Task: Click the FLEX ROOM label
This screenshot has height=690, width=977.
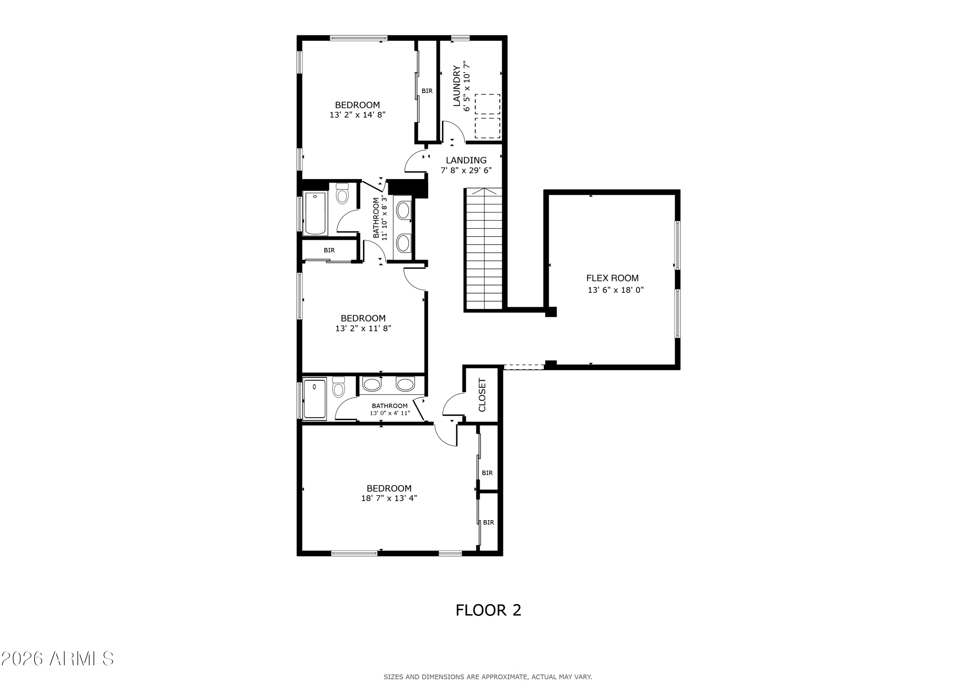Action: (612, 278)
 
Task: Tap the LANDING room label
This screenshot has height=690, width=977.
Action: (466, 160)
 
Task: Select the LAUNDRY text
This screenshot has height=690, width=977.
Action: (456, 86)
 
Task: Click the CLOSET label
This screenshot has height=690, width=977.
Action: (482, 395)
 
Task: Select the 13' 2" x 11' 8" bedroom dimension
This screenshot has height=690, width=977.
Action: (363, 328)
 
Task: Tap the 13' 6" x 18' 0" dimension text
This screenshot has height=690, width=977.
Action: (615, 290)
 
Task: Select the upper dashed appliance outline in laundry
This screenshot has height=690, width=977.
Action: (487, 104)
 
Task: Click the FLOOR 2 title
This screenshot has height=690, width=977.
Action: (488, 610)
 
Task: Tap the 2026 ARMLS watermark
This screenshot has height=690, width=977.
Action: (57, 658)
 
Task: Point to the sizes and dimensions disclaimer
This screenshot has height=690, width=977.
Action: (488, 677)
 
